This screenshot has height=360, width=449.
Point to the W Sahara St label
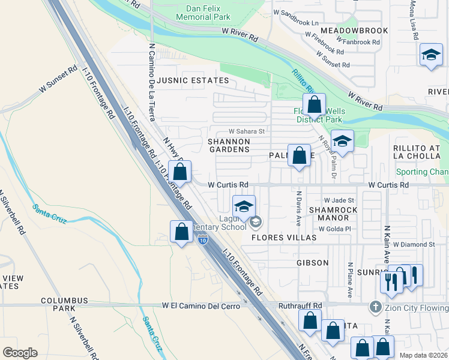pyautogui.click(x=247, y=131)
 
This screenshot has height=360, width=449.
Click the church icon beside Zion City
pyautogui.click(x=375, y=307)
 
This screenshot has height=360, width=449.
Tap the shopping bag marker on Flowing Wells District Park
pyautogui.click(x=315, y=105)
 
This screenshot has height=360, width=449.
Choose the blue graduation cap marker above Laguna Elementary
pyautogui.click(x=244, y=207)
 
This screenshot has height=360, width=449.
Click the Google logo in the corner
pyautogui.click(x=20, y=352)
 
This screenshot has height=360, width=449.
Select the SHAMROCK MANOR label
pyautogui.click(x=333, y=214)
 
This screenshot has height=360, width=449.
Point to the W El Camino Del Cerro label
pyautogui.click(x=201, y=305)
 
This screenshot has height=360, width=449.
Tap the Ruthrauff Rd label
pyautogui.click(x=301, y=305)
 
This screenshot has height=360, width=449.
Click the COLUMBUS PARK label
pyautogui.click(x=64, y=304)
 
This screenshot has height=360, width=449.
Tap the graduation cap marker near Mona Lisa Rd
pyautogui.click(x=431, y=56)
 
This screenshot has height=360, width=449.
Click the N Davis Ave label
pyautogui.click(x=298, y=208)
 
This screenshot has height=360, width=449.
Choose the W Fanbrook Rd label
pyautogui.click(x=358, y=42)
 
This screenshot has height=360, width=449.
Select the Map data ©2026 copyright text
pyautogui.click(x=423, y=355)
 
